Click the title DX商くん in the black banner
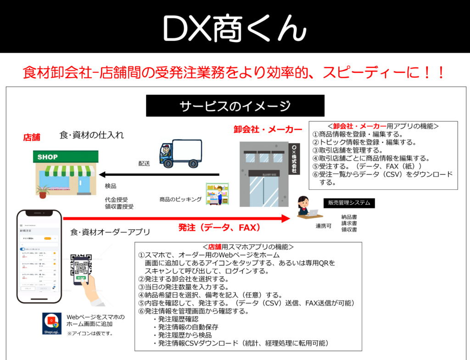tap(235, 28)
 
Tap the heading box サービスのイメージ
tap(235, 106)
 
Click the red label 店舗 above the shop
tap(32, 137)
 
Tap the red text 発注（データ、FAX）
tap(219, 227)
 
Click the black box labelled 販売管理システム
tap(348, 203)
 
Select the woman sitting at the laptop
tap(304, 207)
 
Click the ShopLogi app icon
tap(51, 323)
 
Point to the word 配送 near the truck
tap(145, 163)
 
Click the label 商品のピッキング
tap(180, 199)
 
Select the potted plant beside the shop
tap(43, 191)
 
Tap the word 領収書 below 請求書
tap(349, 229)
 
